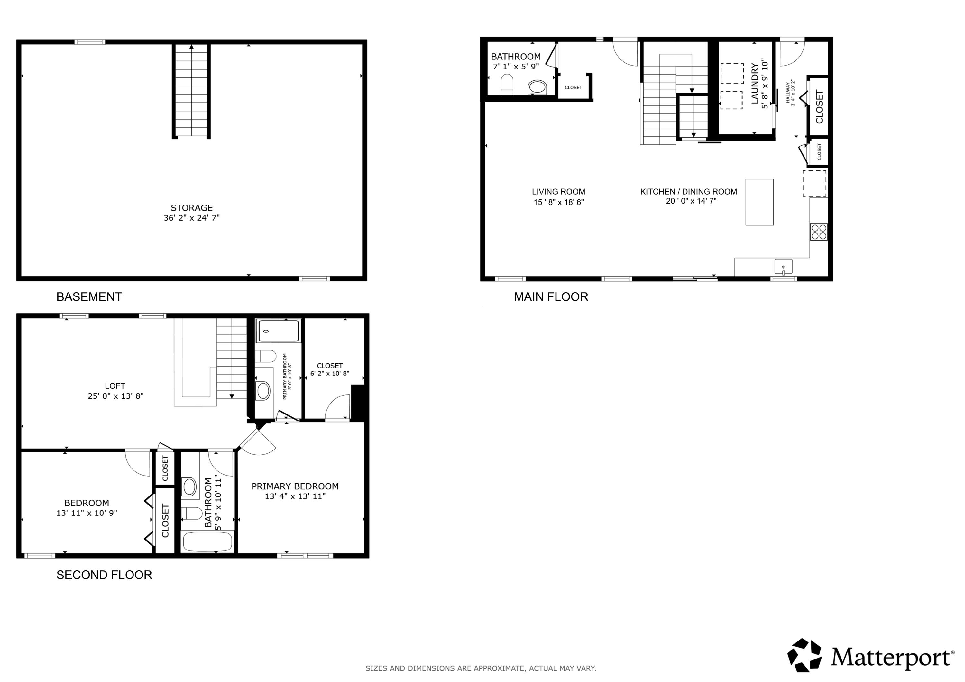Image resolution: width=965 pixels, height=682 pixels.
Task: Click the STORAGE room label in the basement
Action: pyautogui.click(x=191, y=208)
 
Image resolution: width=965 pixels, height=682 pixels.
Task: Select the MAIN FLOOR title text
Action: pyautogui.click(x=551, y=297)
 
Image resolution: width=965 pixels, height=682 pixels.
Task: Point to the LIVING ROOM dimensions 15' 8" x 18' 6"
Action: pyautogui.click(x=558, y=202)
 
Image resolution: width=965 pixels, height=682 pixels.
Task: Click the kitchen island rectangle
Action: pyautogui.click(x=759, y=202)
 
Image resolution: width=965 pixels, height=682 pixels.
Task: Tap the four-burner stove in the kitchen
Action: pyautogui.click(x=819, y=232)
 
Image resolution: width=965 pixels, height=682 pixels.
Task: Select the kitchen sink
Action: pyautogui.click(x=783, y=267)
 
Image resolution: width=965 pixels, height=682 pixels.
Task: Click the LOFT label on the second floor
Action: pyautogui.click(x=115, y=386)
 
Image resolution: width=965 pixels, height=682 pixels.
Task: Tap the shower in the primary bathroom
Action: pyautogui.click(x=278, y=331)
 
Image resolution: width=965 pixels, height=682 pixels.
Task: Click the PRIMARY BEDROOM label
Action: pyautogui.click(x=295, y=486)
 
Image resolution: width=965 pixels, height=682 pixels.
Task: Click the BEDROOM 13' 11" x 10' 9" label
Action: pyautogui.click(x=87, y=503)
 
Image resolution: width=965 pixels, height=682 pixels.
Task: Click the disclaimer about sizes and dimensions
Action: pyautogui.click(x=480, y=668)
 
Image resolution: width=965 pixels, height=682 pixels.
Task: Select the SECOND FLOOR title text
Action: pyautogui.click(x=104, y=575)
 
